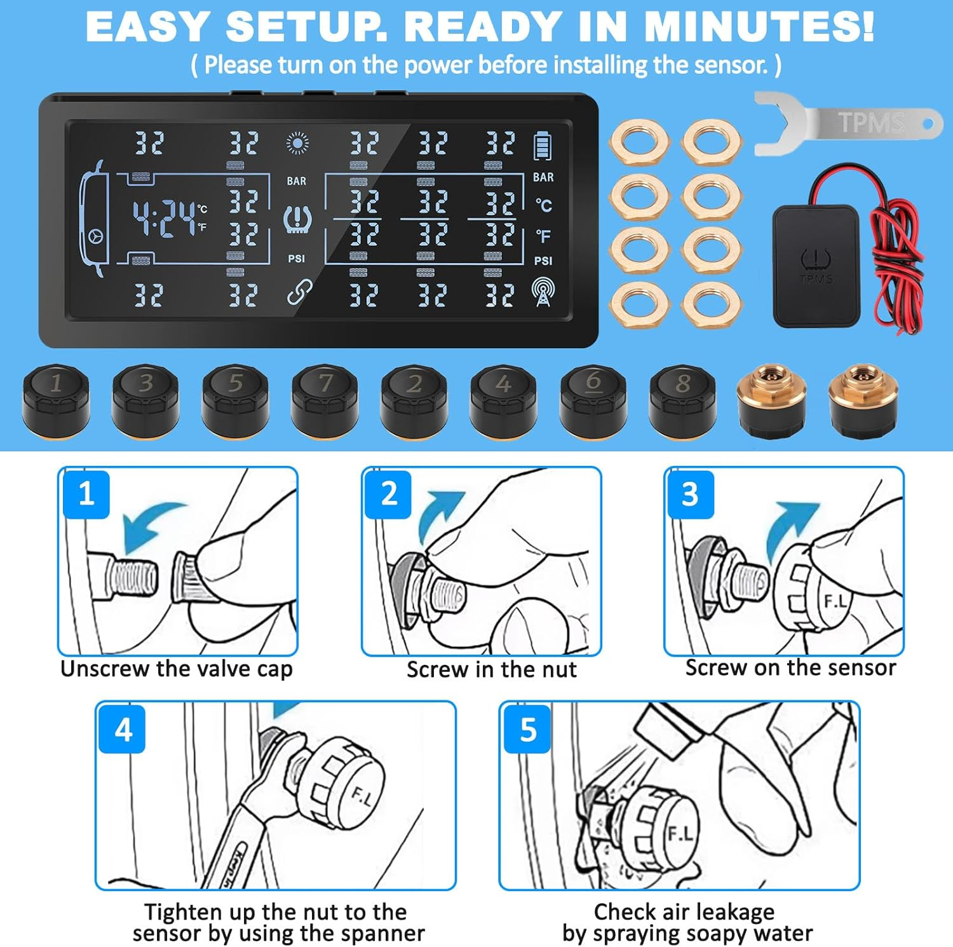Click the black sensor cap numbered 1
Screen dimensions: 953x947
56,401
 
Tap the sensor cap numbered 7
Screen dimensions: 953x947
325,401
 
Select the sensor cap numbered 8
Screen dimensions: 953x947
683,401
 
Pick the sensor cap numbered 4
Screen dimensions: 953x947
504,401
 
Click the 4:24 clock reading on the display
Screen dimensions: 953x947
164,218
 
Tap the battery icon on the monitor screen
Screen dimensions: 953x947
542,146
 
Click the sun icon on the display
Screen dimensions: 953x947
297,144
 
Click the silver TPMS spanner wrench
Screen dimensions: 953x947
848,123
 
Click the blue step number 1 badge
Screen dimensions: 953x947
86,494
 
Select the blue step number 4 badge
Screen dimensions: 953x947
123,729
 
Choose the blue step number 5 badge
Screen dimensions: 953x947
527,729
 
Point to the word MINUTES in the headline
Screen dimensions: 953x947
759,27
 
